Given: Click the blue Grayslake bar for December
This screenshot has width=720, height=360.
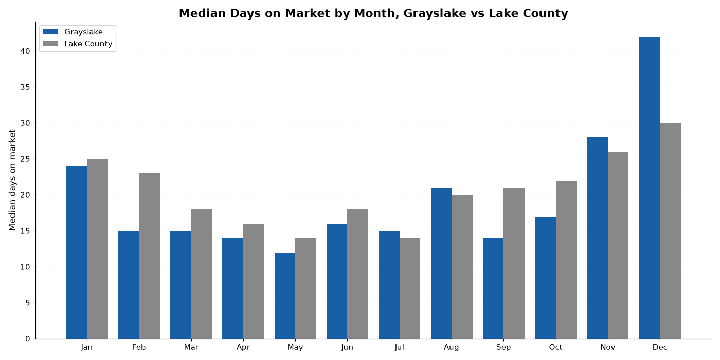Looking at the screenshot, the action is click(x=649, y=188).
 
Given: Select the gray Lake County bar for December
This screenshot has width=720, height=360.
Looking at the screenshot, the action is click(x=670, y=231).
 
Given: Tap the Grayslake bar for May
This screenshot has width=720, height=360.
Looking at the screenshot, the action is click(x=285, y=296).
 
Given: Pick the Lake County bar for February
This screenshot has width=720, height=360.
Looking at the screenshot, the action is click(x=150, y=256).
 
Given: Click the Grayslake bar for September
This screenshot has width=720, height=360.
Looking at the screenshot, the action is click(x=493, y=289).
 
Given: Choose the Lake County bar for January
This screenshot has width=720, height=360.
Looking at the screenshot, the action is click(x=97, y=249).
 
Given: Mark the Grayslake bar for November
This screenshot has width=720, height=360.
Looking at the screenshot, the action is click(x=597, y=238).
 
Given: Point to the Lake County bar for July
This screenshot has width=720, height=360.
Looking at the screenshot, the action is click(x=410, y=289).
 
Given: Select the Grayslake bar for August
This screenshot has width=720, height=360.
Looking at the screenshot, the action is click(x=441, y=263).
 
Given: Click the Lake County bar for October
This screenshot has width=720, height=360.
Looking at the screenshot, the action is click(x=566, y=260).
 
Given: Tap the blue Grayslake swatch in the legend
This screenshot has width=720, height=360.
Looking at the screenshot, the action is click(x=50, y=32).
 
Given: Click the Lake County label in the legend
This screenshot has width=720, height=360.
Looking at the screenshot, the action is click(x=88, y=44).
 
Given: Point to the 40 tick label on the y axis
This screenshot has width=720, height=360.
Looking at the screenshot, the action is click(x=25, y=51).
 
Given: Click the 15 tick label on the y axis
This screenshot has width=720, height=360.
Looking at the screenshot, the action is click(x=25, y=231).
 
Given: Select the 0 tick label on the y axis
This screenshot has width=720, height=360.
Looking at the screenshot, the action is click(x=28, y=339).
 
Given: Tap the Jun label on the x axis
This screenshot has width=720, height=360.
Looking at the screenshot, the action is click(x=347, y=348).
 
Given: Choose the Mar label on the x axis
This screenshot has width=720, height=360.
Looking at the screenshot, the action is click(x=191, y=348).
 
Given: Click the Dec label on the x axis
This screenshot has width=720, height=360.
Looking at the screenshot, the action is click(x=660, y=348).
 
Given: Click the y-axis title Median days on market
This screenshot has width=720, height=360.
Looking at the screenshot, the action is click(x=12, y=180).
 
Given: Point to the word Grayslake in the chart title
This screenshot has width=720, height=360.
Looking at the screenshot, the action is click(x=435, y=13).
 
